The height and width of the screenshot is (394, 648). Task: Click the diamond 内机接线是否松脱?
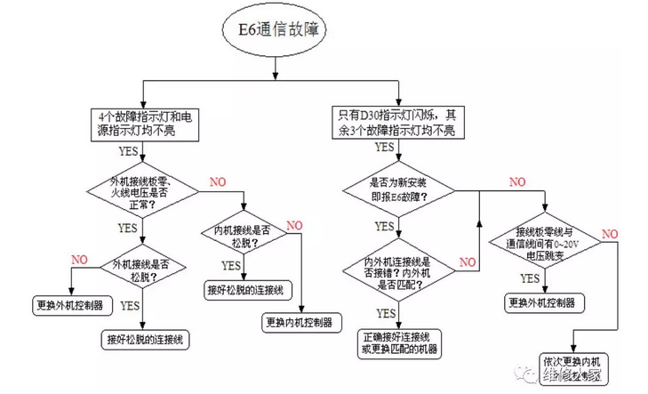pos(243,236)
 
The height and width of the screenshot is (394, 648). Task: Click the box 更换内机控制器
pos(299,321)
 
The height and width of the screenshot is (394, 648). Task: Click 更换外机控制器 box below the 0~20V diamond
pos(546,302)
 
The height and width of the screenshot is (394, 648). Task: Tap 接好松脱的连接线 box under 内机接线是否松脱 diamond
pos(244,289)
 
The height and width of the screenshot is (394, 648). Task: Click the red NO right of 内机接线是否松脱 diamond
pos(295,224)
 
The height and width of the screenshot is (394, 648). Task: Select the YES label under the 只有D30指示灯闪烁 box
pos(385,148)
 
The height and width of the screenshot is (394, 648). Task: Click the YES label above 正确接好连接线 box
pos(386,313)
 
